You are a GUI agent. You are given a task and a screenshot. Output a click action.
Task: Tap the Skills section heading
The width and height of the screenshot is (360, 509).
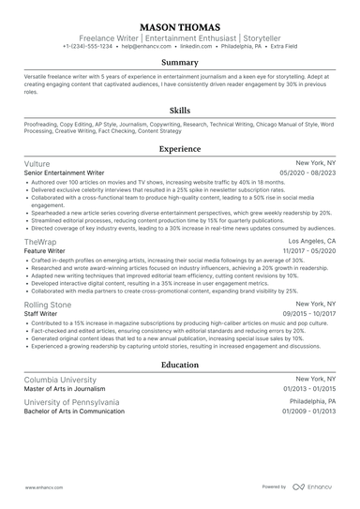tap(179, 110)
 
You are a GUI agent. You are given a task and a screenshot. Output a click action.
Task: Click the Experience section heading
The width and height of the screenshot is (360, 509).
tap(179, 148)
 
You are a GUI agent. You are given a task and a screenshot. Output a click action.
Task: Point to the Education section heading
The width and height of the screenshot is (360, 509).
tap(179, 365)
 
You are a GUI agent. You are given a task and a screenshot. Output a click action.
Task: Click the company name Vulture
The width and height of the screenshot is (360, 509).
tap(37, 163)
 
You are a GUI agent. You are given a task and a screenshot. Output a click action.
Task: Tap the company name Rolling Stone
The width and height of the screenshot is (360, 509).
tap(49, 306)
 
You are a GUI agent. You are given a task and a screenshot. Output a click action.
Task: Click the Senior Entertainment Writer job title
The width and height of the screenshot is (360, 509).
tap(65, 172)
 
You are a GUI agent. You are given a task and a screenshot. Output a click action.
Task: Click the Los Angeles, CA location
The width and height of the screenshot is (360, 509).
tap(310, 241)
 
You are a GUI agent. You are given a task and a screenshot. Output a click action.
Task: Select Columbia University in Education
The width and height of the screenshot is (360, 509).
tap(60, 380)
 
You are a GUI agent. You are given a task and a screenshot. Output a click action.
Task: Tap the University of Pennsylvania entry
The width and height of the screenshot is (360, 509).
tap(71, 402)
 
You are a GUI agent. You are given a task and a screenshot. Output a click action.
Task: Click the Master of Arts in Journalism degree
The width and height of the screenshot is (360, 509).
tap(68, 389)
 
